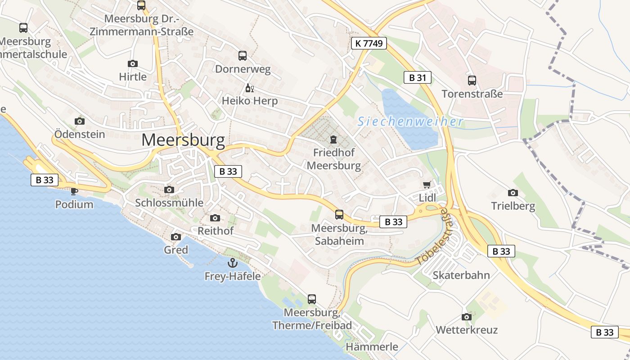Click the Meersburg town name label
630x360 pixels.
[x=183, y=140]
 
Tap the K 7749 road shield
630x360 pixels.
[x=369, y=43]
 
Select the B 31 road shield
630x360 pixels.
[x=417, y=77]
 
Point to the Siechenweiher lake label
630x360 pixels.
[x=410, y=121]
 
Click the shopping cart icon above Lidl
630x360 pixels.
[x=427, y=184]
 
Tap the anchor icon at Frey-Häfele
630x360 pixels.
[x=233, y=262]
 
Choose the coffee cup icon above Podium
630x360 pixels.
[x=74, y=191]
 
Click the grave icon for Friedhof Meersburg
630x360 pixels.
[x=333, y=139]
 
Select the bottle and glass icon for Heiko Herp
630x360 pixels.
[x=249, y=88]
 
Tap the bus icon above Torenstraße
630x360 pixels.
[x=472, y=81]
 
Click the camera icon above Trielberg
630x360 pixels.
[x=513, y=193]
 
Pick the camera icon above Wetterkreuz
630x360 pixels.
[x=467, y=317]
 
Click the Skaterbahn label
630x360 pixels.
[x=461, y=275]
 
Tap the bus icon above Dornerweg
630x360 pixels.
[x=243, y=56]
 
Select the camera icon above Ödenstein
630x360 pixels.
[x=80, y=121]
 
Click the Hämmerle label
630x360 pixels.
[x=372, y=346]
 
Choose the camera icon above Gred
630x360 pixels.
[x=176, y=237]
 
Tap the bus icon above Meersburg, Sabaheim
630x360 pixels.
[x=339, y=215]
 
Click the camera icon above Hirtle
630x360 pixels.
[x=133, y=63]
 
